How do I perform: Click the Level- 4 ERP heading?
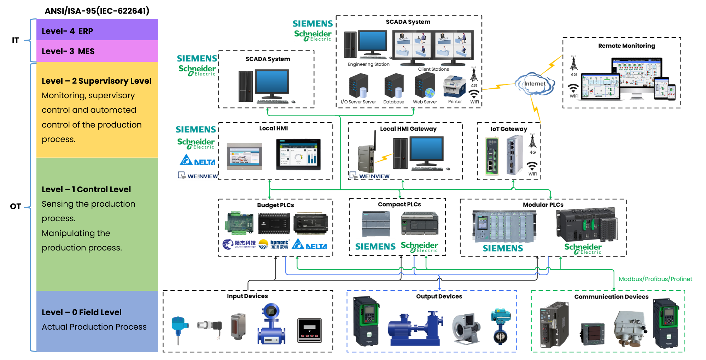tap(68, 31)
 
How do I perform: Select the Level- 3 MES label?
tap(68, 51)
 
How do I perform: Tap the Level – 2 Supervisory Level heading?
tap(97, 81)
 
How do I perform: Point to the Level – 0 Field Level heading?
tap(82, 312)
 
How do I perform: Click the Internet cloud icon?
tap(535, 84)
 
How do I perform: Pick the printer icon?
tap(455, 87)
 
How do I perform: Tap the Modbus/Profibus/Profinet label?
tap(655, 279)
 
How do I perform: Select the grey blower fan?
tap(466, 329)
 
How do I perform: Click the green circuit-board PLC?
tap(239, 223)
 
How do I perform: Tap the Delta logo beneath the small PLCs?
tap(309, 244)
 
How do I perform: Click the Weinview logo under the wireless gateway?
tap(369, 176)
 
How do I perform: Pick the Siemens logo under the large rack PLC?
tap(503, 248)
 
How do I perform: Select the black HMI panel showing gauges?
tap(298, 154)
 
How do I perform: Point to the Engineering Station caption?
tap(368, 64)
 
